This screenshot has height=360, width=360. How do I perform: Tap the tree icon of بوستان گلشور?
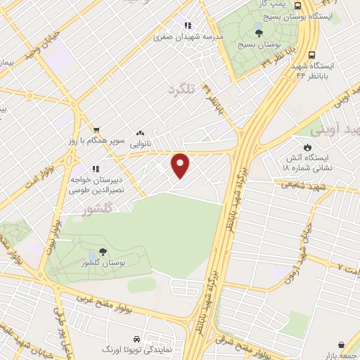[103, 252]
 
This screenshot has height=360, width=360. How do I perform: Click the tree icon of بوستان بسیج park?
[259, 32]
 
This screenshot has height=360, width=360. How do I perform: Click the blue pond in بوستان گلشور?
[93, 257]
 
